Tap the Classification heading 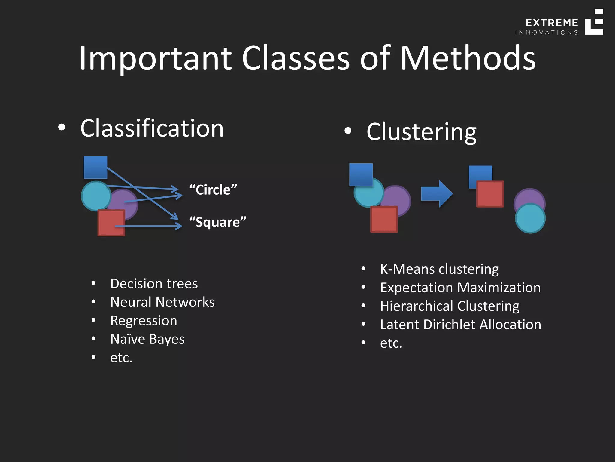(152, 128)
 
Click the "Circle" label (213, 190)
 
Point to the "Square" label (217, 222)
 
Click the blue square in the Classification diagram (95, 167)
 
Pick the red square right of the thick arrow (490, 194)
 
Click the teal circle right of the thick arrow (530, 218)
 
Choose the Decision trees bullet (154, 284)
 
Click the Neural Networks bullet (162, 302)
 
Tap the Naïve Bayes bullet (147, 339)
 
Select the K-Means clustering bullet (439, 269)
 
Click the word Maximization (500, 288)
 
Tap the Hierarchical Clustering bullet (450, 306)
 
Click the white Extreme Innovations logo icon (594, 22)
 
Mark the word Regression (144, 321)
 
